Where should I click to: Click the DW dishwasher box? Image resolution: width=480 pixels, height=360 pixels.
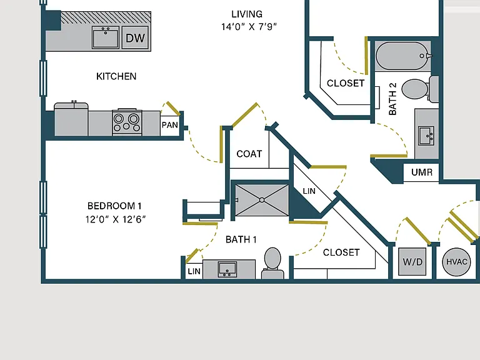[x=135, y=37]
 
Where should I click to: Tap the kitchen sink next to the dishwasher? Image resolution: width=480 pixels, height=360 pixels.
[x=105, y=37]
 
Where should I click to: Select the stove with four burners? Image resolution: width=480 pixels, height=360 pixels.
[x=127, y=122]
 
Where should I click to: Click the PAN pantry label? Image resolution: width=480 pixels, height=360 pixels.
[x=169, y=125]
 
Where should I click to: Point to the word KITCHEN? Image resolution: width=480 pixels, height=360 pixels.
[x=116, y=76]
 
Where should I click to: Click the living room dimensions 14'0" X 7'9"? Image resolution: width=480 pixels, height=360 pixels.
[x=249, y=27]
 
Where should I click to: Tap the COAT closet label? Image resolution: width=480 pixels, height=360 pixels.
[x=249, y=154]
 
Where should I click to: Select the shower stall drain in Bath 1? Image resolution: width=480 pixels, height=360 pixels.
[x=262, y=200]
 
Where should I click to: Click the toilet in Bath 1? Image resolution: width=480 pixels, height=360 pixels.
[x=272, y=263]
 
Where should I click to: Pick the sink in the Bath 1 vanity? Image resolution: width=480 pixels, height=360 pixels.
[x=227, y=269]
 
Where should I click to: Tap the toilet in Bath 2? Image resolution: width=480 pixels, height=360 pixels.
[x=420, y=89]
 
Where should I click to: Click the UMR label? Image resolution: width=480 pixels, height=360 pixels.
[x=422, y=172]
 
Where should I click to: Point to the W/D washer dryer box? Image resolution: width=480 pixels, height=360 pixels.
[x=412, y=262]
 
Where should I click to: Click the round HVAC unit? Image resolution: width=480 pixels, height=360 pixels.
[x=456, y=262]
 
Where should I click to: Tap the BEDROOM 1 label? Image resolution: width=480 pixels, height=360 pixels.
[x=114, y=206]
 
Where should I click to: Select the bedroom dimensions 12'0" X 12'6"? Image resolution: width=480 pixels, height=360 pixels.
[x=116, y=219]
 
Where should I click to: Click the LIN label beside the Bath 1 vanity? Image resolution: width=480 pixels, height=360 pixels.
[x=194, y=271]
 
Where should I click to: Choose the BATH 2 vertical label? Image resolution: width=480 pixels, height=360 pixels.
[x=392, y=99]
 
